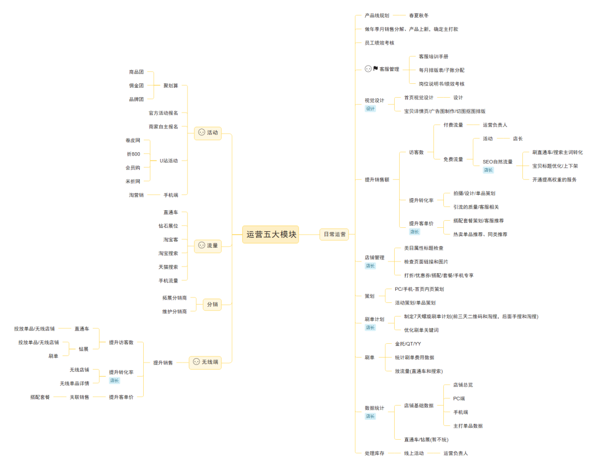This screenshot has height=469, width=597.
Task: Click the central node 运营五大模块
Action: pyautogui.click(x=271, y=234)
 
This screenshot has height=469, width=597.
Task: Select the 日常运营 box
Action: pyautogui.click(x=334, y=234)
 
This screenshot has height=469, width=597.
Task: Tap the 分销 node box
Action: pyautogui.click(x=212, y=304)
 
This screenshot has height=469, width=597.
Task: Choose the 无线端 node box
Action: pyautogui.click(x=206, y=362)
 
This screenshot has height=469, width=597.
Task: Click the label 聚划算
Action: pyautogui.click(x=171, y=86)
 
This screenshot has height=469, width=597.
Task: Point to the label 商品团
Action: pyautogui.click(x=136, y=72)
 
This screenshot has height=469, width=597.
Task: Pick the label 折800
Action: pyautogui.click(x=133, y=154)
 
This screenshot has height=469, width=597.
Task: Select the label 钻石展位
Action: pyautogui.click(x=168, y=226)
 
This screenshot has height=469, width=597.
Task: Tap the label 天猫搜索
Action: pyautogui.click(x=168, y=267)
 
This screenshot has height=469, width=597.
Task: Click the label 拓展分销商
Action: pyautogui.click(x=174, y=297)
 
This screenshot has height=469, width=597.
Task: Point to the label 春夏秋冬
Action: pyautogui.click(x=418, y=15)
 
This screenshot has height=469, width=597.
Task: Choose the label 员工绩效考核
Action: pyautogui.click(x=379, y=42)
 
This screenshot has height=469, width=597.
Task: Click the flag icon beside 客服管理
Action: pyautogui.click(x=375, y=69)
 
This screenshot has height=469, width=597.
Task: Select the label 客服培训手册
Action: pyautogui.click(x=433, y=56)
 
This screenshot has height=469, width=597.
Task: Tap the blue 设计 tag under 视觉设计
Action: pyautogui.click(x=370, y=109)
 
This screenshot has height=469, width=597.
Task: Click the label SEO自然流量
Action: pyautogui.click(x=498, y=162)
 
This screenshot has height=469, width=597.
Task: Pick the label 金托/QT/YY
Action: pyautogui.click(x=408, y=344)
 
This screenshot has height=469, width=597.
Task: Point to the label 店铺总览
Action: pyautogui.click(x=463, y=385)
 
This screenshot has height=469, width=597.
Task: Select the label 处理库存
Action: pyautogui.click(x=374, y=453)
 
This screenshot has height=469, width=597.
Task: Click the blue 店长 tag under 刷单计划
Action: pyautogui.click(x=370, y=327)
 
